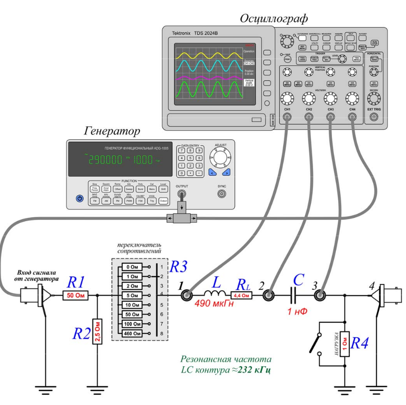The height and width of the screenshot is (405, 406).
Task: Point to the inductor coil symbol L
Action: click(213, 294)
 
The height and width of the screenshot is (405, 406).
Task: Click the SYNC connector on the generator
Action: click(222, 194)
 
